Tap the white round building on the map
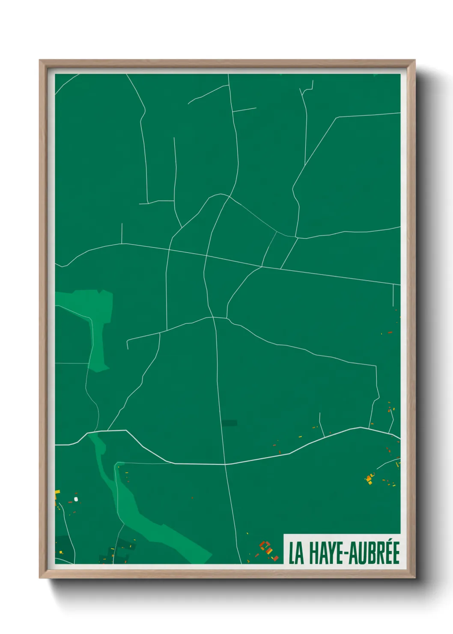pos(76,499)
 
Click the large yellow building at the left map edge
pos(57,492)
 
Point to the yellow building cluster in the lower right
pos(369,478)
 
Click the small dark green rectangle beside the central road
pos(229,423)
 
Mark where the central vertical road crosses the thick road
pos(225,464)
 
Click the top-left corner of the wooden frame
pos(40,60)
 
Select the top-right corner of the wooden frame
pos(414,60)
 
